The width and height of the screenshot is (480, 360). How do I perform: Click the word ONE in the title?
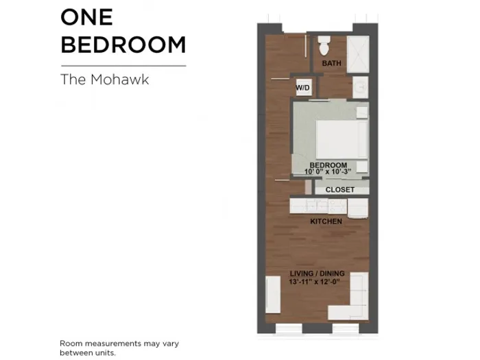tap(87, 17)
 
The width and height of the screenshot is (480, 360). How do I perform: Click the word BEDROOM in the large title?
tap(123, 45)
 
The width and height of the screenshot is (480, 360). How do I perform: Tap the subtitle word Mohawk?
tap(120, 80)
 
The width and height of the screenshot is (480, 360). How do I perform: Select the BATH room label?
tap(331, 63)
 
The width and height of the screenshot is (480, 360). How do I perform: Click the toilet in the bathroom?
tap(324, 46)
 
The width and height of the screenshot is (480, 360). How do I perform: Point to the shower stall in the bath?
tap(358, 54)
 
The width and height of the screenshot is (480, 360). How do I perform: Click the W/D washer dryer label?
tap(302, 88)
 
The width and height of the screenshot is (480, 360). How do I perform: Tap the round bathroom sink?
tap(361, 87)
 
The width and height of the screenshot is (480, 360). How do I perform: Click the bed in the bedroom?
tap(341, 139)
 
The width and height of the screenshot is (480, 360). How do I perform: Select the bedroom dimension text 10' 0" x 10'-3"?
tap(328, 171)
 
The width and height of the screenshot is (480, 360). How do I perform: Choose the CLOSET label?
tap(340, 190)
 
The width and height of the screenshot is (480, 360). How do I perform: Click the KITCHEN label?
tap(326, 221)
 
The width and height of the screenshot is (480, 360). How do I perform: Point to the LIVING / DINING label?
tap(317, 274)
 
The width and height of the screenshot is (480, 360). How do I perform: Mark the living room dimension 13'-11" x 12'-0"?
tap(314, 282)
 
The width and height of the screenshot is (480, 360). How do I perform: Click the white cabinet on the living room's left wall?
tap(273, 294)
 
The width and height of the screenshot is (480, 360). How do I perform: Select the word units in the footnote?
tap(106, 352)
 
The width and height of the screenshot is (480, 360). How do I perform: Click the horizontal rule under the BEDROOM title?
tap(123, 66)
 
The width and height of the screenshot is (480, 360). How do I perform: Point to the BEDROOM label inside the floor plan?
tap(328, 165)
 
